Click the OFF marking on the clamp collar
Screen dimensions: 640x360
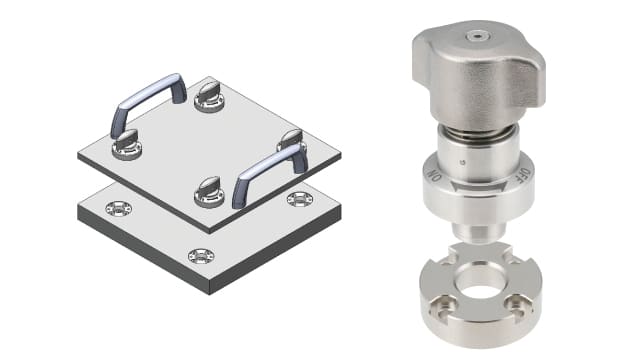525,176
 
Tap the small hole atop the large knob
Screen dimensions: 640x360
477,37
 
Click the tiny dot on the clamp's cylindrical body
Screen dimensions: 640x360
462,162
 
